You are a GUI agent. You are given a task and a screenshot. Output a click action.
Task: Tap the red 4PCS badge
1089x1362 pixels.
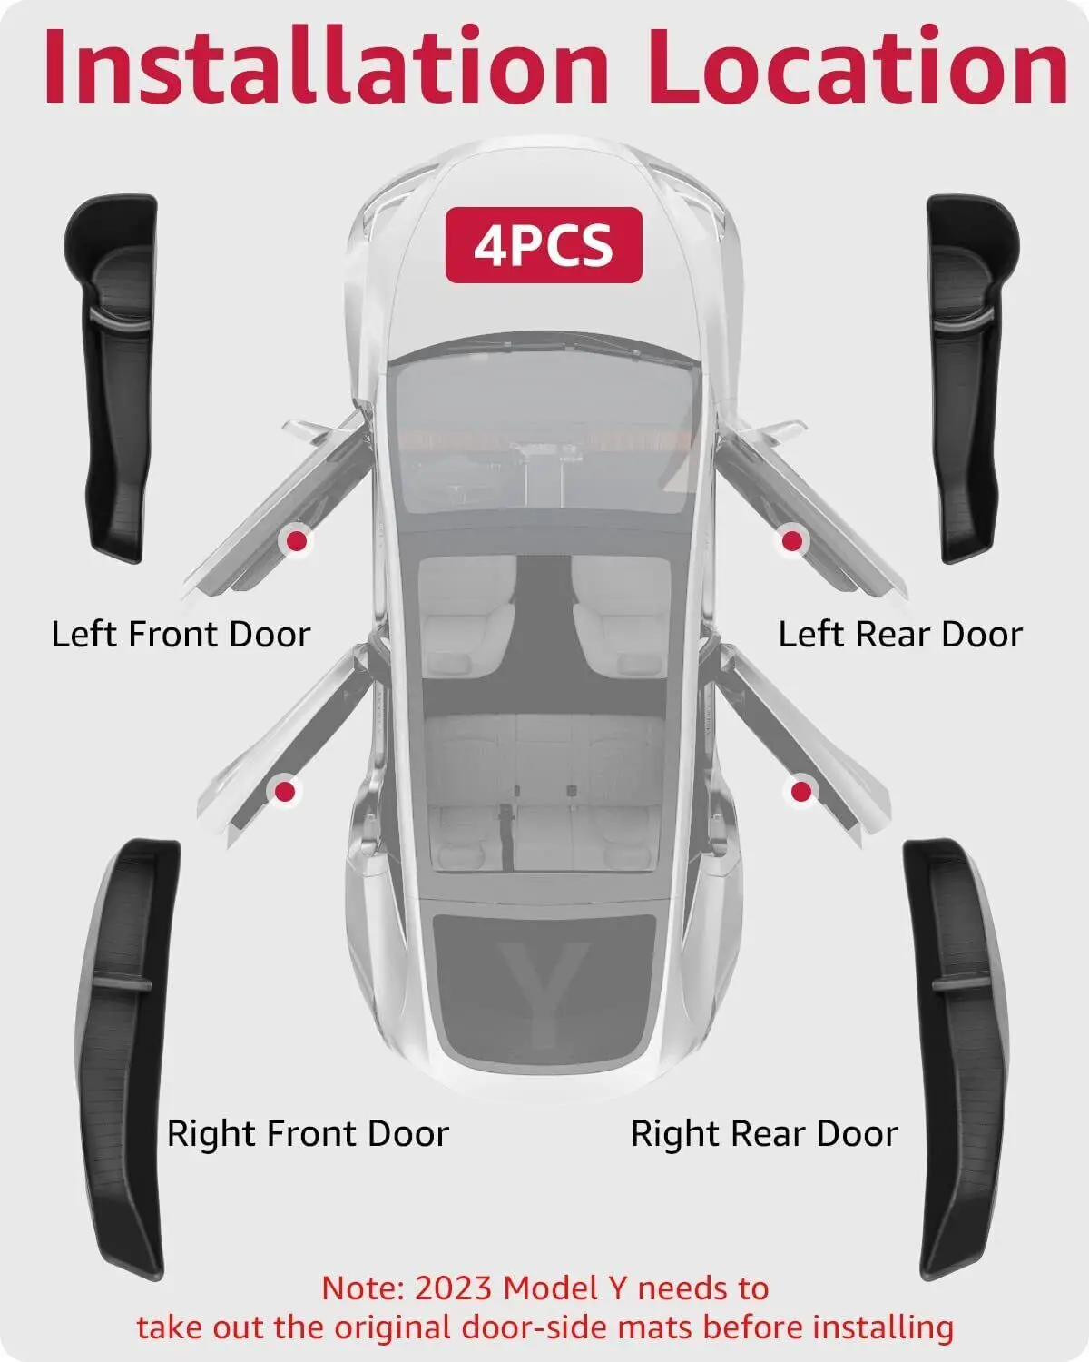(544, 245)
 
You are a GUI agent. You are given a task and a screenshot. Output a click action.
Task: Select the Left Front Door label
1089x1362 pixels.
(181, 634)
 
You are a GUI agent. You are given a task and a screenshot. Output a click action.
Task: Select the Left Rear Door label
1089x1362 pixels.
(900, 634)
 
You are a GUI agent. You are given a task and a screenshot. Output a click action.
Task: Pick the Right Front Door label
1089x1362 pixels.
(309, 1133)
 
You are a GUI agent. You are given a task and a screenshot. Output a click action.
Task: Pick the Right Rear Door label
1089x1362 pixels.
(764, 1133)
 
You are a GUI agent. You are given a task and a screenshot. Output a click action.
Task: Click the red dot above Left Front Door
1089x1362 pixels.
(296, 540)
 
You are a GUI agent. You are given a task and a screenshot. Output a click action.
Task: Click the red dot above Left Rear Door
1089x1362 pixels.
(792, 540)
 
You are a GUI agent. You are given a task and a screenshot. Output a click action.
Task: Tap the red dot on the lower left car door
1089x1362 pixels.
(285, 791)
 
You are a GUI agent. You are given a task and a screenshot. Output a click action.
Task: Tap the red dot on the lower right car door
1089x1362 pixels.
(801, 791)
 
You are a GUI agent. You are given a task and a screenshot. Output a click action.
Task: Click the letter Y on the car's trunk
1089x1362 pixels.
(544, 993)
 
